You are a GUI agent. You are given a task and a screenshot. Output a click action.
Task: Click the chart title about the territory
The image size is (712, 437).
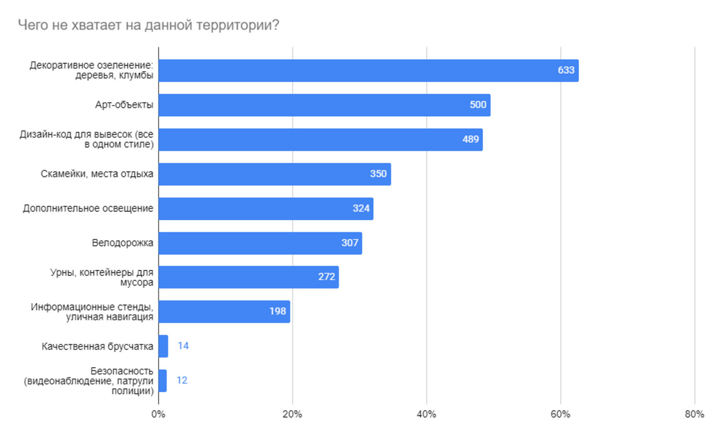pyautogui.click(x=148, y=25)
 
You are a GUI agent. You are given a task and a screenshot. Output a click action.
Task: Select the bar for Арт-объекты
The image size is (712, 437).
pyautogui.click(x=324, y=105)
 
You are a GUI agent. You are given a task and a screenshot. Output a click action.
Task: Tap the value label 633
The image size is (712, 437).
pyautogui.click(x=566, y=70)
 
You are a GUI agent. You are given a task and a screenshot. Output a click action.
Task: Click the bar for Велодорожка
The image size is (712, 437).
pyautogui.click(x=260, y=243)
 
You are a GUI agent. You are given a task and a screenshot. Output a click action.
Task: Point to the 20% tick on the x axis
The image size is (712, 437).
pyautogui.click(x=292, y=414)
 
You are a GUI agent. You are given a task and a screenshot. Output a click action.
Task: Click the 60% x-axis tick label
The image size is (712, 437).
pyautogui.click(x=560, y=414)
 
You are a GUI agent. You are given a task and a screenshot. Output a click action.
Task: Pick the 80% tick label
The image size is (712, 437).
pyautogui.click(x=694, y=414)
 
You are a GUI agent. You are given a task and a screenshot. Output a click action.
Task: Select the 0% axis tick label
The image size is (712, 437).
pyautogui.click(x=158, y=414)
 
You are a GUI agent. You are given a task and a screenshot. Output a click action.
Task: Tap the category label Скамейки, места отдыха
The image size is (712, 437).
pyautogui.click(x=97, y=174)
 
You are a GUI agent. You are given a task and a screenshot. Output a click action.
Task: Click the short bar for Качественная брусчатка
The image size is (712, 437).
pyautogui.click(x=163, y=346)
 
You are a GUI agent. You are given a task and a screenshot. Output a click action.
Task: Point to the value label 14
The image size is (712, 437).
pyautogui.click(x=183, y=346)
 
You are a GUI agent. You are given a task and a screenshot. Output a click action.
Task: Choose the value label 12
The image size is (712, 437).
pyautogui.click(x=182, y=380)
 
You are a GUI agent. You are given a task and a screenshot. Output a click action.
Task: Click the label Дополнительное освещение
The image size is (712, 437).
pyautogui.click(x=88, y=208)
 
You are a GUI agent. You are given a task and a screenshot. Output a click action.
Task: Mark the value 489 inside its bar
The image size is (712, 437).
pyautogui.click(x=470, y=139)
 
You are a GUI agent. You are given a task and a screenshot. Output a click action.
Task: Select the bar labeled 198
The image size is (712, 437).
pyautogui.click(x=224, y=311)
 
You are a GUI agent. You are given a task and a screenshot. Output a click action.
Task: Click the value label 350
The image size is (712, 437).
pyautogui.click(x=378, y=174)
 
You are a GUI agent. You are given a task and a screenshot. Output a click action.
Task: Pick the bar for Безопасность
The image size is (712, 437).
pyautogui.click(x=162, y=380)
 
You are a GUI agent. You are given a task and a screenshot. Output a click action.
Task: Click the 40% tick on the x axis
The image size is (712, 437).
pyautogui.click(x=426, y=414)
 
